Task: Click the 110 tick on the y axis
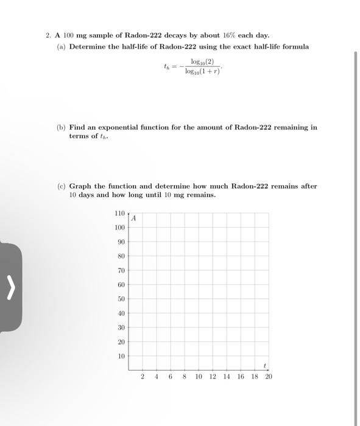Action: [119, 213]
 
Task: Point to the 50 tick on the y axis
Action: [121, 299]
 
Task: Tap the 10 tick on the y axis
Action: [121, 356]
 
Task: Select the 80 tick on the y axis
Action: [121, 256]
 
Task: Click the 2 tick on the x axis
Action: [142, 377]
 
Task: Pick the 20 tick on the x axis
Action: [269, 377]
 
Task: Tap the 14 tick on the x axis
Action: [227, 377]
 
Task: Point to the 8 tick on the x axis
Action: [184, 377]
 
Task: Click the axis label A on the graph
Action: [134, 218]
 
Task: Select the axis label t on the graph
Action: [264, 365]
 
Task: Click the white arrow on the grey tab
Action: [10, 287]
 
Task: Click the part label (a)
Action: [62, 46]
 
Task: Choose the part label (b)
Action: [62, 128]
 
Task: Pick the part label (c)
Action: [62, 186]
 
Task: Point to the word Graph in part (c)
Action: [80, 186]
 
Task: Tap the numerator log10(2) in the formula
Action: [202, 62]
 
